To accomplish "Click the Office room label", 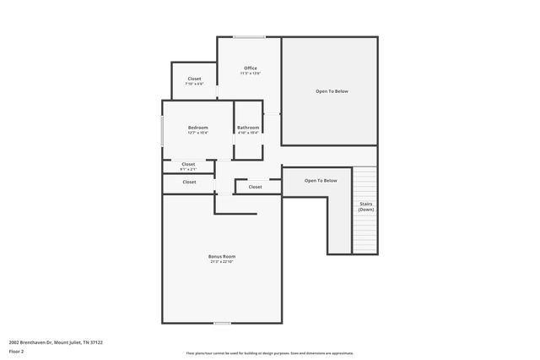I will pyautogui.click(x=251, y=68).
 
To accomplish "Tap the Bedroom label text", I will pyautogui.click(x=197, y=128).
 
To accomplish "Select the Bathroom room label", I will pyautogui.click(x=248, y=128).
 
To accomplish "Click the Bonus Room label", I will pyautogui.click(x=222, y=256).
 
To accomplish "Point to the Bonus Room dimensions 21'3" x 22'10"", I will pyautogui.click(x=222, y=262).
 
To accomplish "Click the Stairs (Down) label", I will pyautogui.click(x=365, y=206).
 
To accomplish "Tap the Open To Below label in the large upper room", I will pyautogui.click(x=332, y=91).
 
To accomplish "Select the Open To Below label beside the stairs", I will pyautogui.click(x=321, y=180).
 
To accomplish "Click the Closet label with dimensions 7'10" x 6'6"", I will pyautogui.click(x=194, y=79).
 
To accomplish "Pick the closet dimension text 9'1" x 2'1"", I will pyautogui.click(x=187, y=169).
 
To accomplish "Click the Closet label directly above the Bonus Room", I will pyautogui.click(x=189, y=182).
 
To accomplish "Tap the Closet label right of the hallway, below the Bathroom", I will pyautogui.click(x=255, y=187).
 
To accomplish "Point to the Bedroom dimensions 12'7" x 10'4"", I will pyautogui.click(x=197, y=133).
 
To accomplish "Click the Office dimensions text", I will pyautogui.click(x=251, y=74).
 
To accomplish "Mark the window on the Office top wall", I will pyautogui.click(x=249, y=36).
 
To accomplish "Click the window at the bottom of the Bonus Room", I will pyautogui.click(x=222, y=324).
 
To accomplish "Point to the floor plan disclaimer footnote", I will pyautogui.click(x=270, y=353).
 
